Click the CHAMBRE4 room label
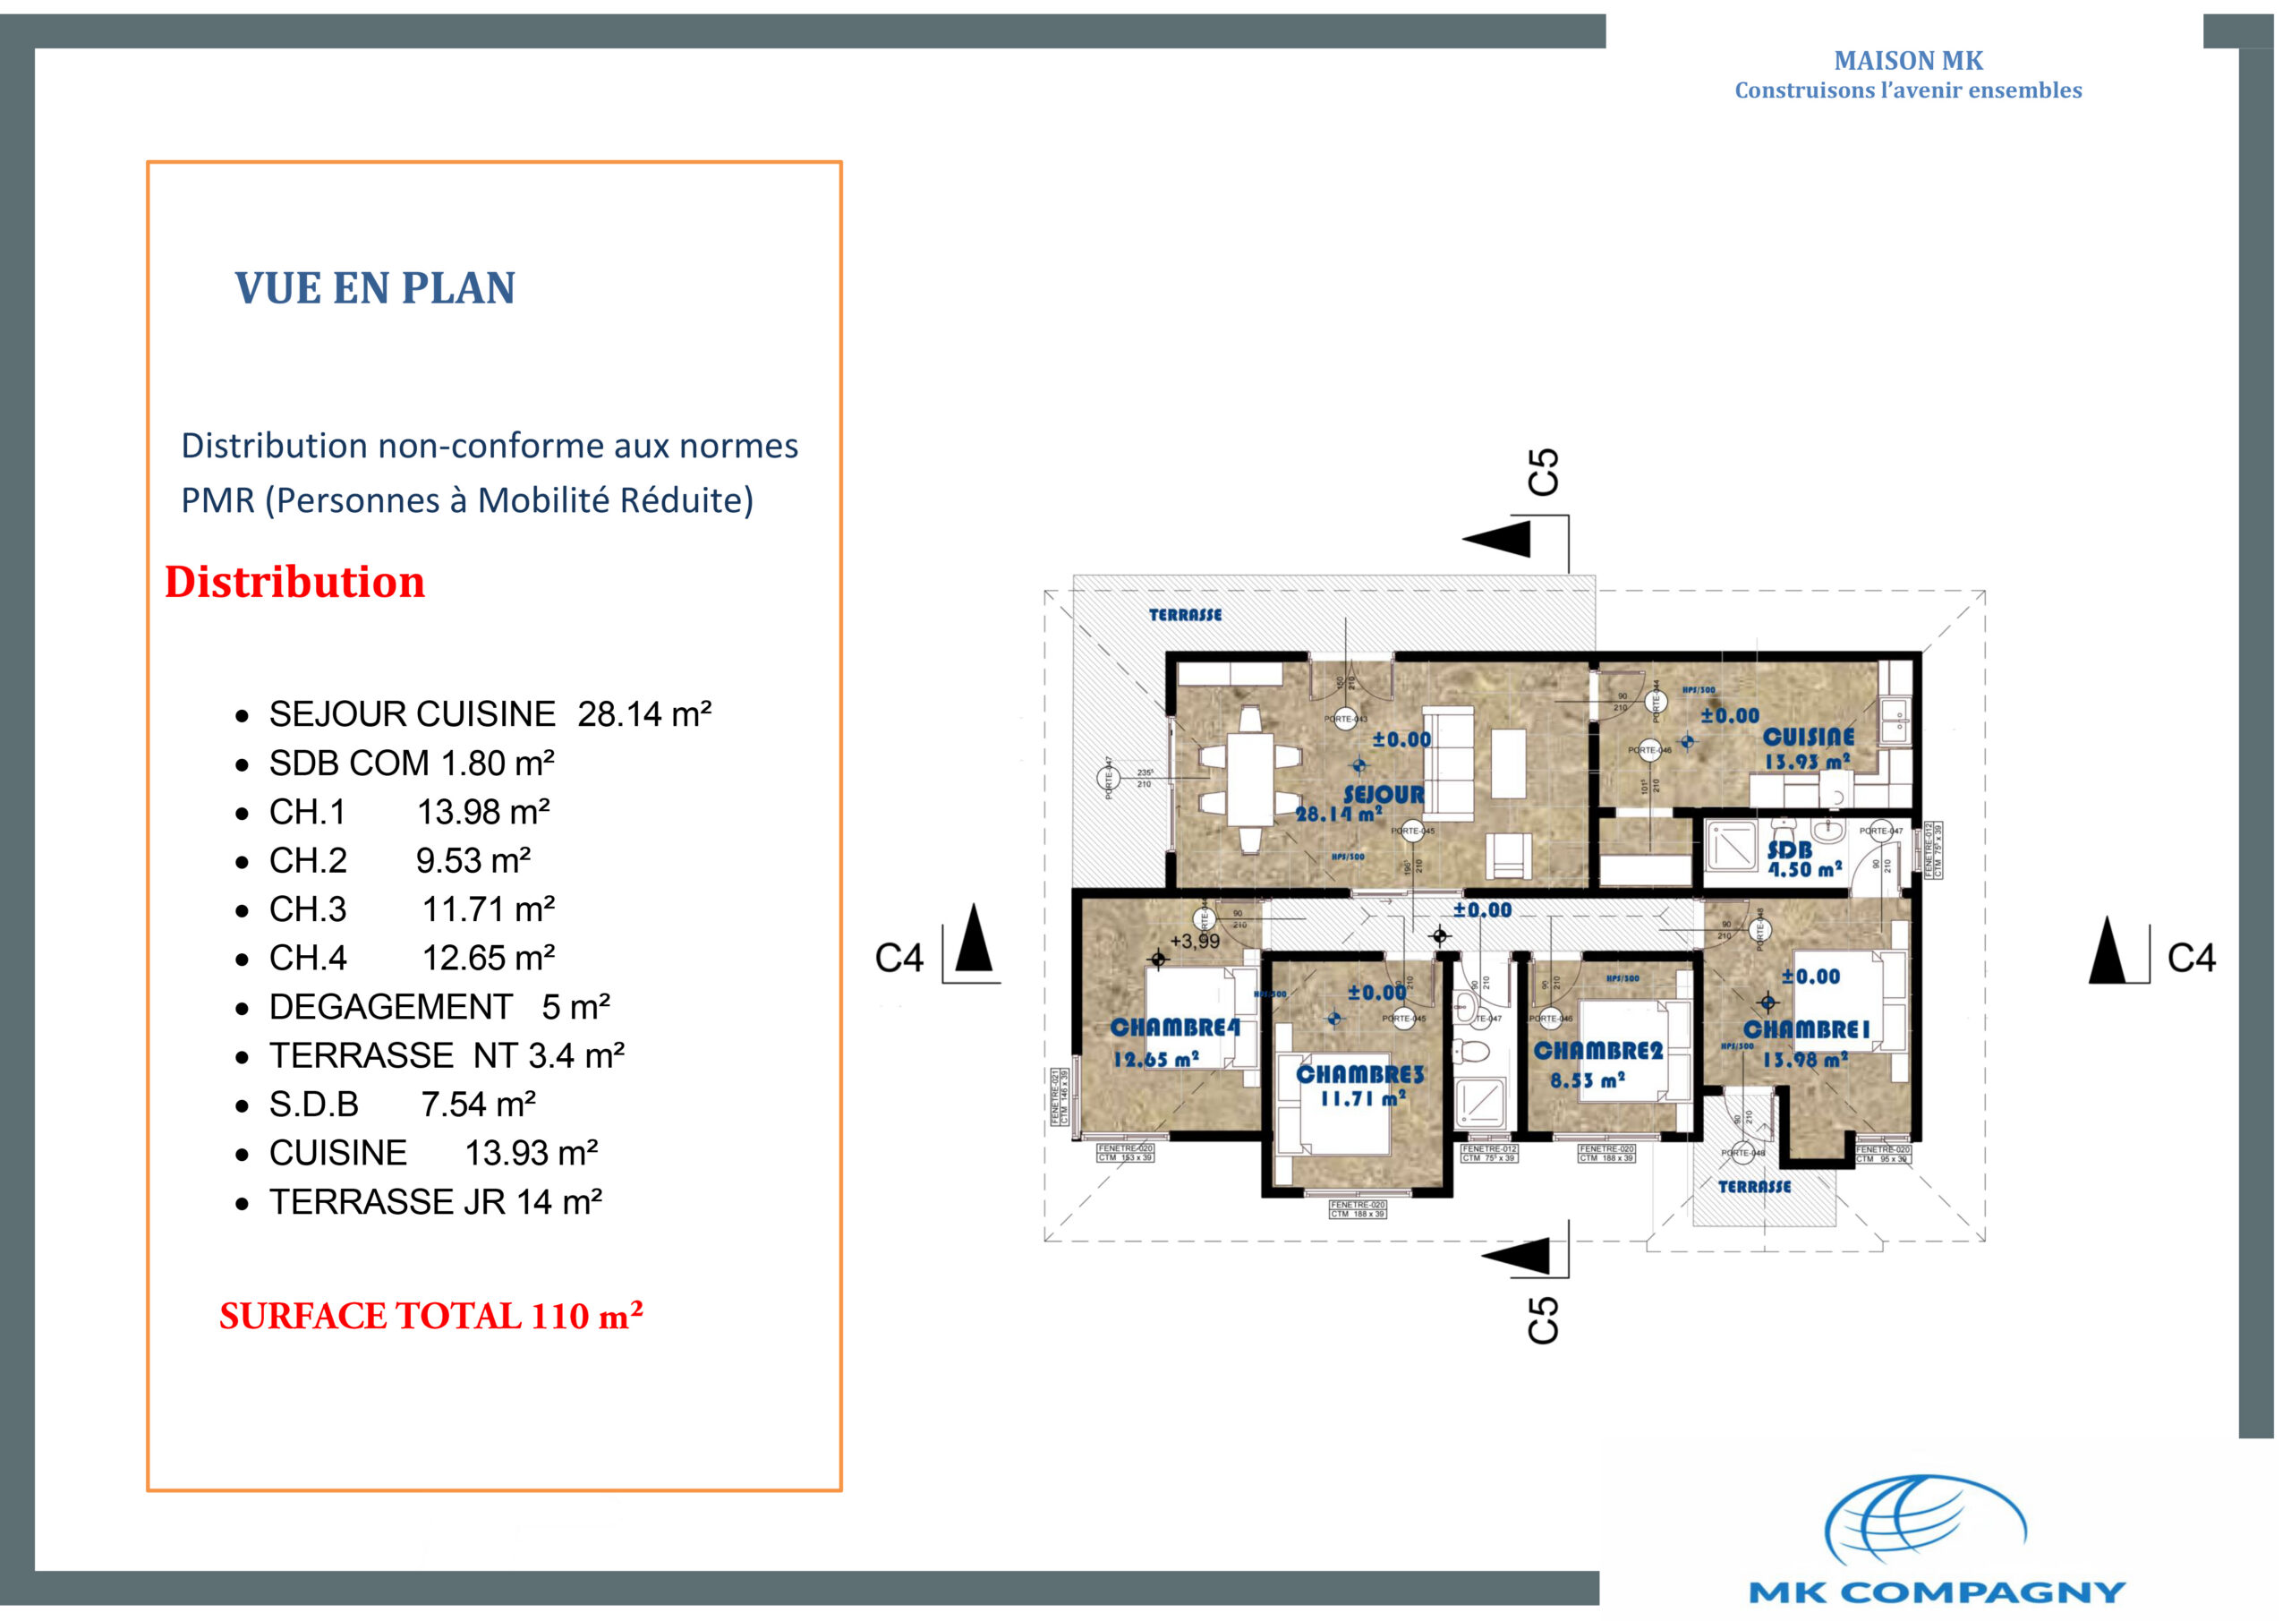click(1174, 1027)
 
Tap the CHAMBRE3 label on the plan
click(1359, 1074)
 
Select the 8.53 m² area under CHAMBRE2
click(1587, 1080)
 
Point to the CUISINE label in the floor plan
click(1808, 737)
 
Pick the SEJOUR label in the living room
click(1383, 795)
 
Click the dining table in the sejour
click(1250, 779)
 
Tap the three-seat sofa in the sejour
click(1448, 763)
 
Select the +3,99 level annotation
click(1195, 942)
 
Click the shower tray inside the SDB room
click(1731, 847)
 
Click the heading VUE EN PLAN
click(374, 287)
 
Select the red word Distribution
click(294, 582)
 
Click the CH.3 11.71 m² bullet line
click(411, 909)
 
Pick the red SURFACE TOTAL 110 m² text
click(430, 1316)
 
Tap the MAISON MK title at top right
click(1907, 61)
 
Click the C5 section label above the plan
click(1542, 472)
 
